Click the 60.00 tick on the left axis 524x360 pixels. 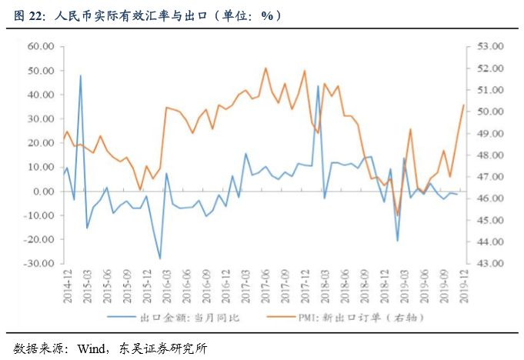pos(39,46)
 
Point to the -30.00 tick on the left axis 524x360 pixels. pos(38,264)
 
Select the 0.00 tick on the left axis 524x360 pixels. pos(42,192)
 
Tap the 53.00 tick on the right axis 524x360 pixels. pos(489,46)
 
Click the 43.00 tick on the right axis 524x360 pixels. pos(489,264)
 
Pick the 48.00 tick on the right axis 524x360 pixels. pos(489,155)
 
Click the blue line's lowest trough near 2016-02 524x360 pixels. pos(160,258)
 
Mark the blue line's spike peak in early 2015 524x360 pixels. pos(81,75)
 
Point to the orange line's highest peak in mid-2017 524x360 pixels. pos(265,68)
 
